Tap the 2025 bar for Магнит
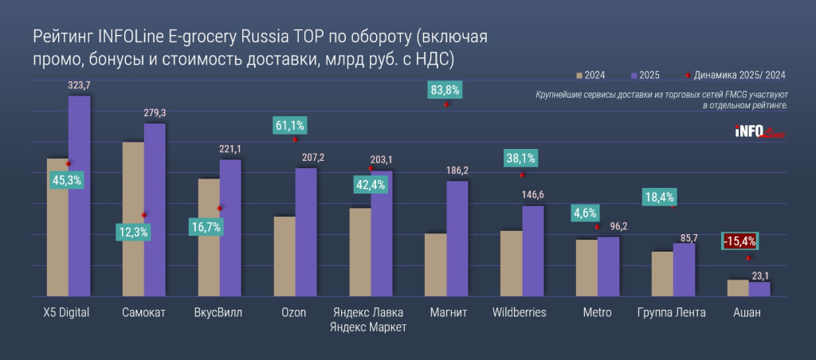457,239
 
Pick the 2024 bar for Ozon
284,256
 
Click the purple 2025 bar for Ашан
759,288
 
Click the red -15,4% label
739,240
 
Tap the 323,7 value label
80,84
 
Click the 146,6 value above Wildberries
534,194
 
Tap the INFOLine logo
759,132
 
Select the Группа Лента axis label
672,312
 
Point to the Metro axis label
597,312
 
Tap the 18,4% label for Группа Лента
659,197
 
